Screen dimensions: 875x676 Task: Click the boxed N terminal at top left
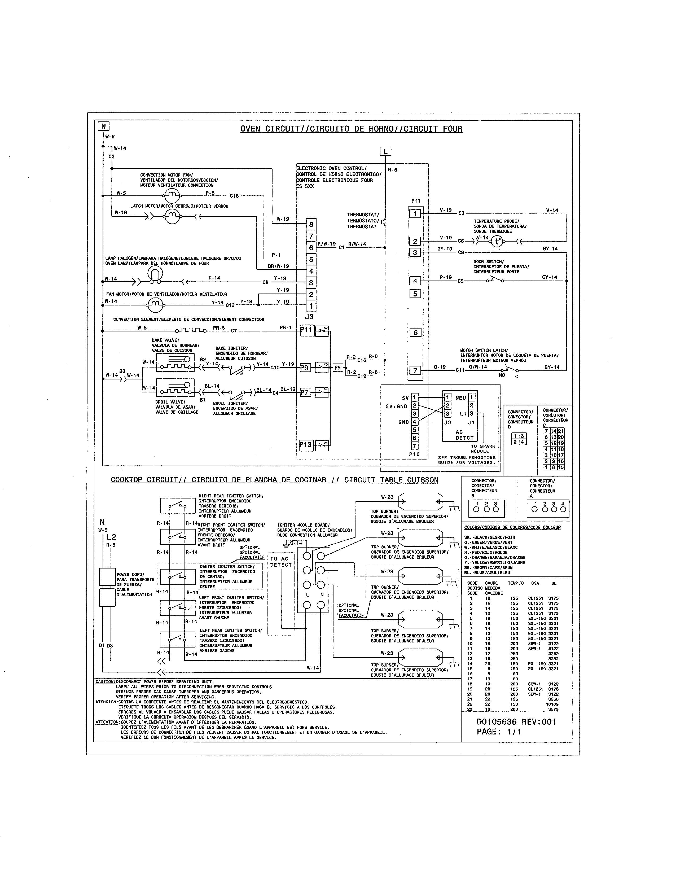click(103, 126)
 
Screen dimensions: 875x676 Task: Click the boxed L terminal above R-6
click(385, 151)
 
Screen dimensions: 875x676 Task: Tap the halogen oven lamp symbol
click(155, 274)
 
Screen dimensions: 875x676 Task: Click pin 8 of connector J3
click(311, 224)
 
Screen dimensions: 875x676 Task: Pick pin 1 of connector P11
click(415, 213)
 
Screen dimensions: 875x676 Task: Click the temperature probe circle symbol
click(497, 242)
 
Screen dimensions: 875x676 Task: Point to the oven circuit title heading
click(351, 129)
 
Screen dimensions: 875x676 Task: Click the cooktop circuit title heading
click(274, 480)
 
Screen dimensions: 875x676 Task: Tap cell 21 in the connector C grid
click(561, 431)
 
